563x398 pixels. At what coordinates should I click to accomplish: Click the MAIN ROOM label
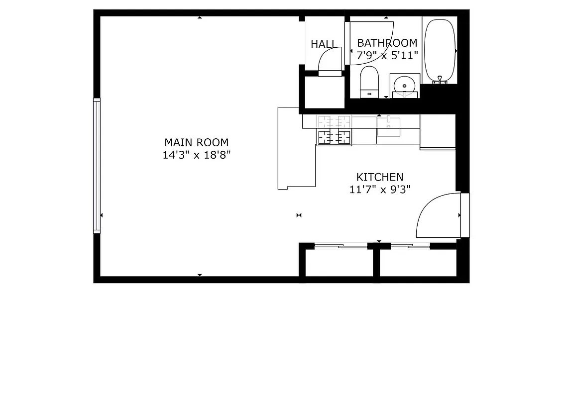(196, 142)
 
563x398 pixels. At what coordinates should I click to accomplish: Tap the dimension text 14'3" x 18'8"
(196, 155)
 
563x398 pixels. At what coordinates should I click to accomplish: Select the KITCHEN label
(379, 177)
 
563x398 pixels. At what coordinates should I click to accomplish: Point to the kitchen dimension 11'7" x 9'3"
(379, 189)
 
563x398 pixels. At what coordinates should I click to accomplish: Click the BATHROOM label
(387, 43)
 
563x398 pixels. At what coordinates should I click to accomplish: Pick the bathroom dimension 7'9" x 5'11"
(387, 55)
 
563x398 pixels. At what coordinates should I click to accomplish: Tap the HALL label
(323, 44)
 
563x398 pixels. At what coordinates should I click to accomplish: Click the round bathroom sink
(405, 85)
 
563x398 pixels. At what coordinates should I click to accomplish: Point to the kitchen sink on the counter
(388, 125)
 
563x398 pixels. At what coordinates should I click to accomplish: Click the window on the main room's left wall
(97, 166)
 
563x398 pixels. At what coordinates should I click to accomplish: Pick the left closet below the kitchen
(339, 262)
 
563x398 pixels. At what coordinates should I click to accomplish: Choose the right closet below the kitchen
(418, 262)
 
